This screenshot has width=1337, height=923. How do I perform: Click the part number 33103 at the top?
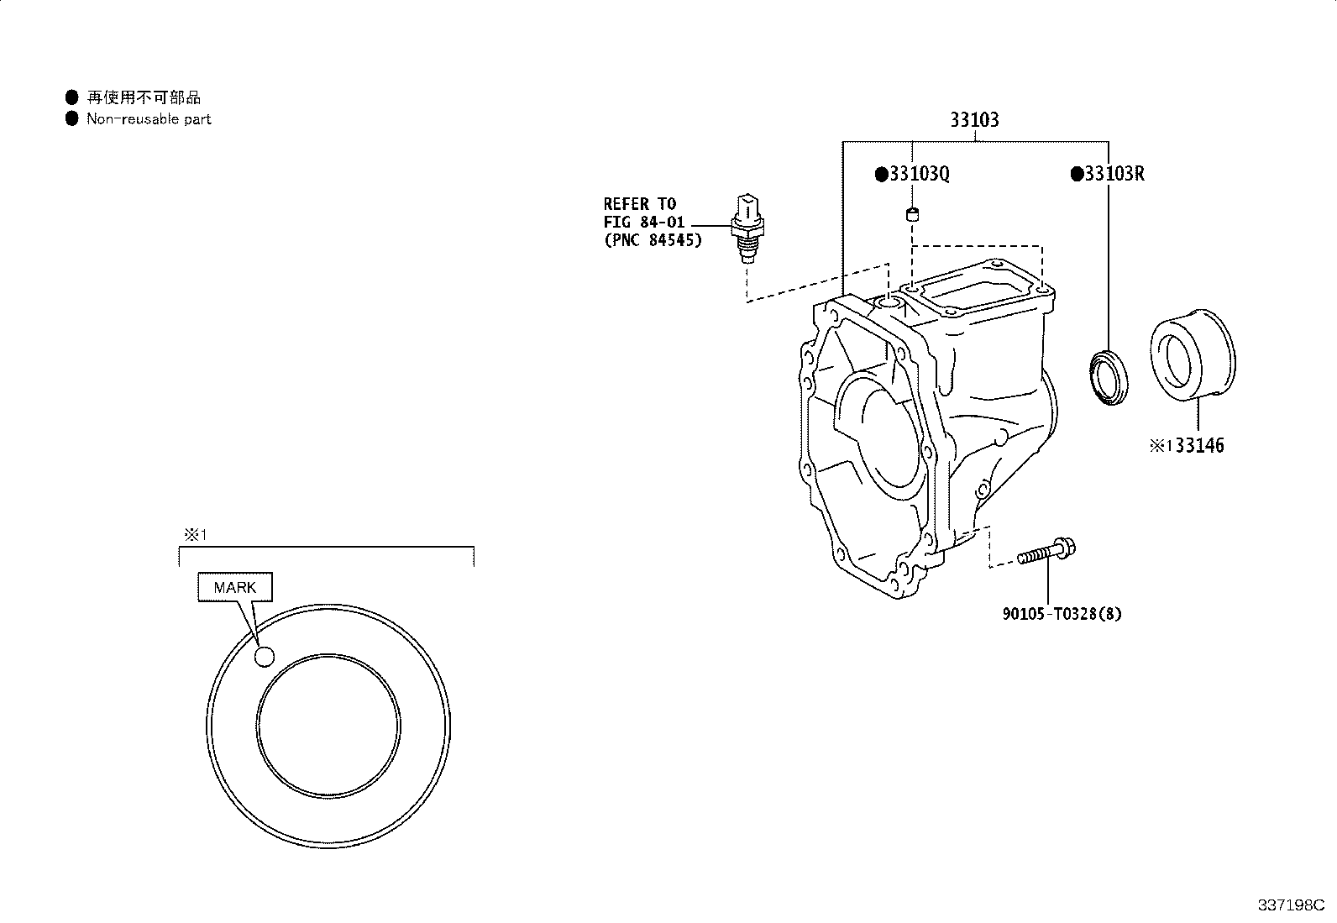point(974,120)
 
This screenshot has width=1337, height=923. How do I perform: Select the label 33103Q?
point(919,174)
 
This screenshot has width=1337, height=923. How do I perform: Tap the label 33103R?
point(1114,174)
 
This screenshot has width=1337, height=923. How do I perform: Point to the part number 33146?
point(1200,445)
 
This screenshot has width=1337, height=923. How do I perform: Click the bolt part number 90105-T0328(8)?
point(1062,614)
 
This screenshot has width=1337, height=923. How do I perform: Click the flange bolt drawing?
point(1046,551)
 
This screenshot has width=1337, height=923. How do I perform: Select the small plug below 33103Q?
point(912,213)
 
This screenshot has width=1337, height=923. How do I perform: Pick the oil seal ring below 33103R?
point(1109,378)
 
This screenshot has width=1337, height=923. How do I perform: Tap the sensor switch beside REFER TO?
point(747,228)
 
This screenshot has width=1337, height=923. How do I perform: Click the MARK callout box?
point(235,587)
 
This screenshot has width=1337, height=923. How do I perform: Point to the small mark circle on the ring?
point(265,657)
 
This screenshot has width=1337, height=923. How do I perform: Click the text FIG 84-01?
point(644,222)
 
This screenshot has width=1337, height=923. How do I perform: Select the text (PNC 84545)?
point(653,240)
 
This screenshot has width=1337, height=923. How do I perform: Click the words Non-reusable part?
point(149,118)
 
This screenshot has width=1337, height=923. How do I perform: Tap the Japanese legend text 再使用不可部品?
point(144,97)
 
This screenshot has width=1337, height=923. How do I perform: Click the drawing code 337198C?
point(1291,905)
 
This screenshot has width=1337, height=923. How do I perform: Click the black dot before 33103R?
point(1077,174)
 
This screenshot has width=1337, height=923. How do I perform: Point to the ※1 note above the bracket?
point(195,534)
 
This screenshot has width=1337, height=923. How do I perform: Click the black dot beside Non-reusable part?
point(71,118)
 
